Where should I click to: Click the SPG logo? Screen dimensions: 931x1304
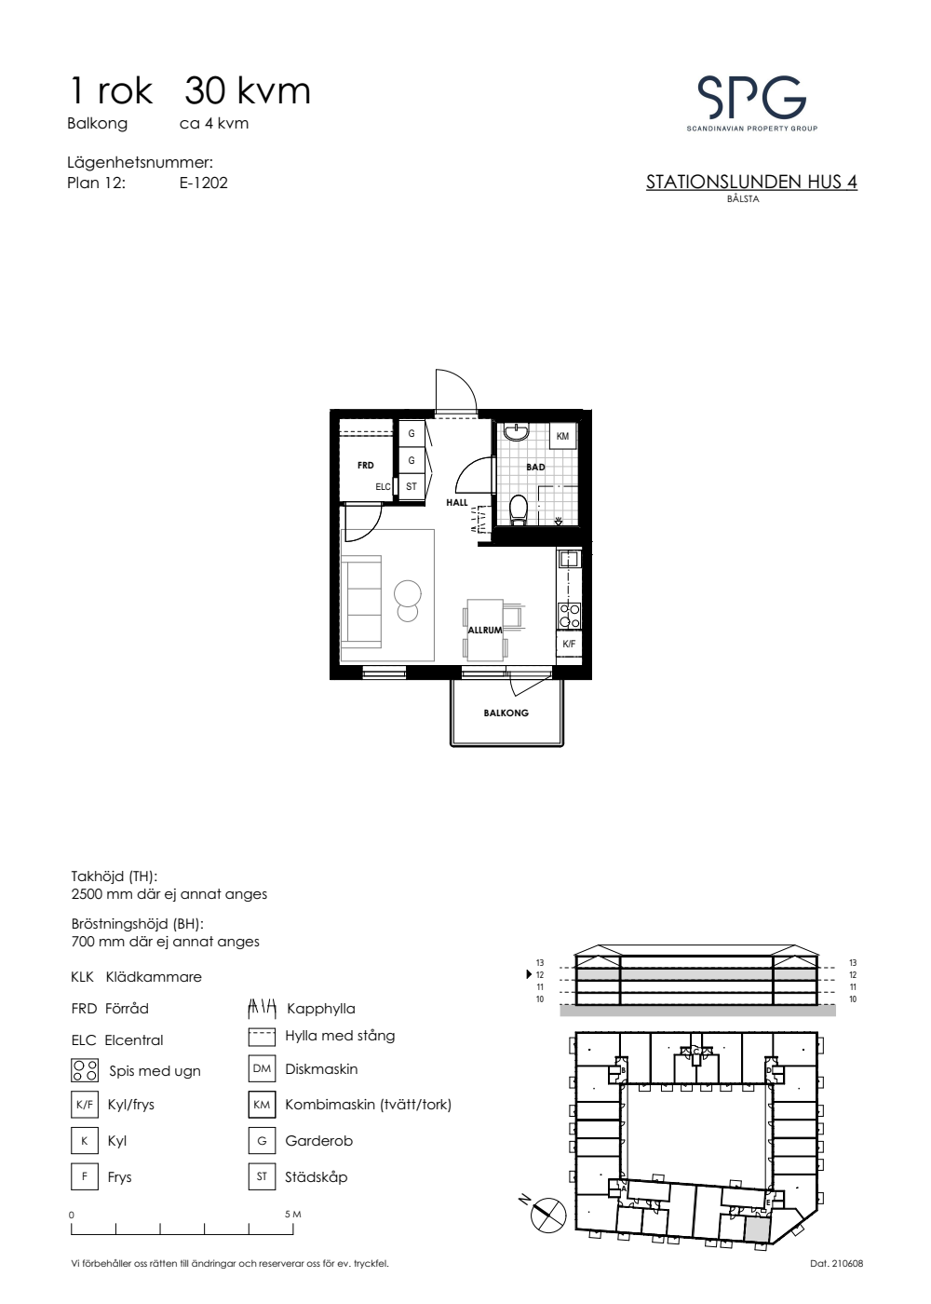click(752, 103)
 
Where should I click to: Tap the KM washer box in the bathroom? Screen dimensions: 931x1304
click(562, 436)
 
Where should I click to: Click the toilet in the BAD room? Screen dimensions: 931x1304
click(518, 509)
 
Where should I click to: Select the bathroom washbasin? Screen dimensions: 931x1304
click(516, 431)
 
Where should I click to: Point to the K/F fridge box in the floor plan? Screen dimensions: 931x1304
click(569, 644)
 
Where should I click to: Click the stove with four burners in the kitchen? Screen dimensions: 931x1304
click(570, 616)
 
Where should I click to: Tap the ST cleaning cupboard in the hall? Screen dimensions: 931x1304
click(412, 486)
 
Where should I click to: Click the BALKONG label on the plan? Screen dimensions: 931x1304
click(506, 713)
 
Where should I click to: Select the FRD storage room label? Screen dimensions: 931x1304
click(365, 465)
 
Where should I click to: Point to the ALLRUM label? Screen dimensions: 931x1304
click(485, 630)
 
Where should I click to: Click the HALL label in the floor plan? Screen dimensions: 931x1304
click(457, 502)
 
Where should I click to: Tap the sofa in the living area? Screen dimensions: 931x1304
click(361, 602)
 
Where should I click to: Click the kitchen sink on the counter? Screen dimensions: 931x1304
click(568, 560)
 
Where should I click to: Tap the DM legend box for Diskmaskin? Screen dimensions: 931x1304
click(262, 1069)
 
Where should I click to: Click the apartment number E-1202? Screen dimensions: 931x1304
click(204, 183)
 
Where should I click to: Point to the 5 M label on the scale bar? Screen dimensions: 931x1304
click(292, 1215)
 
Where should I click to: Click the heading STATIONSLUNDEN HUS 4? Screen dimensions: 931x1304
click(751, 183)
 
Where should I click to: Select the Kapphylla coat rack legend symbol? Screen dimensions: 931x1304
click(262, 1008)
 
